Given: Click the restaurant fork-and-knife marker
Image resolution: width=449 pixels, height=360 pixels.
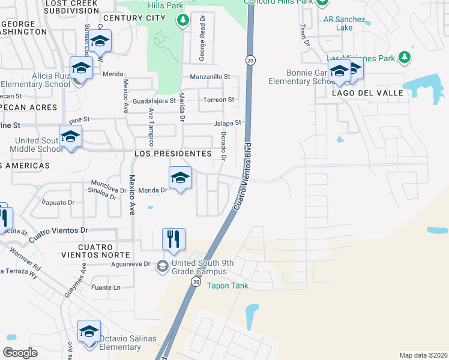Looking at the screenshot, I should pyautogui.click(x=173, y=238).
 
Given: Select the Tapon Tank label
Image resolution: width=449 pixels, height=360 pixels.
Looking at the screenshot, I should pyautogui.click(x=228, y=286).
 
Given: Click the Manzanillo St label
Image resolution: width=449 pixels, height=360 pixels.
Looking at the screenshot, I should pyautogui.click(x=210, y=77).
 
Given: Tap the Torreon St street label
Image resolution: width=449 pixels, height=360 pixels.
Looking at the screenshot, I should pyautogui.click(x=218, y=100).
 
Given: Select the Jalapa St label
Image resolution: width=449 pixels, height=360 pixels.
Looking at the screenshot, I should pyautogui.click(x=228, y=123).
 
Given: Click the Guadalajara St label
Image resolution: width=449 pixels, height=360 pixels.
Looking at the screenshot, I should pyautogui.click(x=154, y=101).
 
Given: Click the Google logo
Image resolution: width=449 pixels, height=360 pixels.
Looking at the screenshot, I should pyautogui.click(x=20, y=353).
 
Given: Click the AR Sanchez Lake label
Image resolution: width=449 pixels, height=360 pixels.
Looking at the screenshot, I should pyautogui.click(x=344, y=23).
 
